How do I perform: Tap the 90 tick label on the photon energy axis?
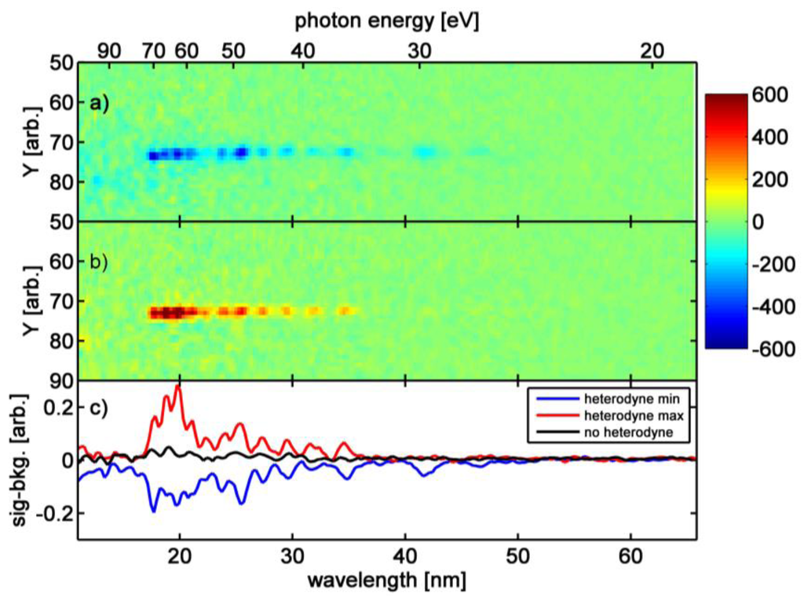click(109, 51)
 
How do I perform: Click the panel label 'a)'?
click(98, 102)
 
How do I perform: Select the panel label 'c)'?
click(98, 409)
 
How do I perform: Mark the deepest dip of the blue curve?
click(153, 511)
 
